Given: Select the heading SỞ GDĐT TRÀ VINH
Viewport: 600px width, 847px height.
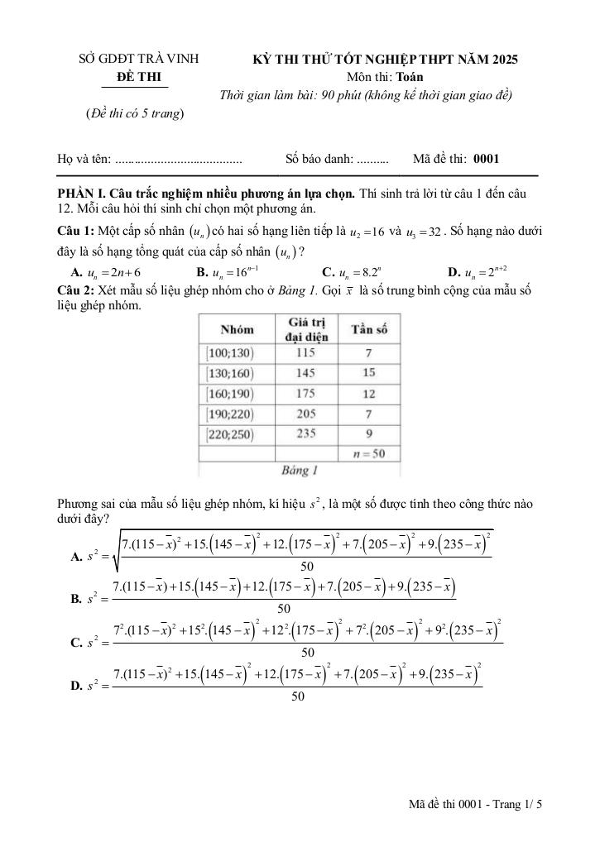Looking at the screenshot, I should pos(139,60).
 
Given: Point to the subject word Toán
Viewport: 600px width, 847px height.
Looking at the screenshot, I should pos(410,77).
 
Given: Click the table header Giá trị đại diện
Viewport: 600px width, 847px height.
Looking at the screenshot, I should pos(305,328).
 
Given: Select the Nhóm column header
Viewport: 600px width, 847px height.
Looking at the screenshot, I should pos(237,329).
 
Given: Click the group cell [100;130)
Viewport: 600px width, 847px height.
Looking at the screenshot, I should pos(229,353).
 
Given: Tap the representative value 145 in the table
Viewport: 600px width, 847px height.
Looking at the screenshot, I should pos(305,373).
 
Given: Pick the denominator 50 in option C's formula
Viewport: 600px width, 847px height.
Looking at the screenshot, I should pos(307,653).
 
